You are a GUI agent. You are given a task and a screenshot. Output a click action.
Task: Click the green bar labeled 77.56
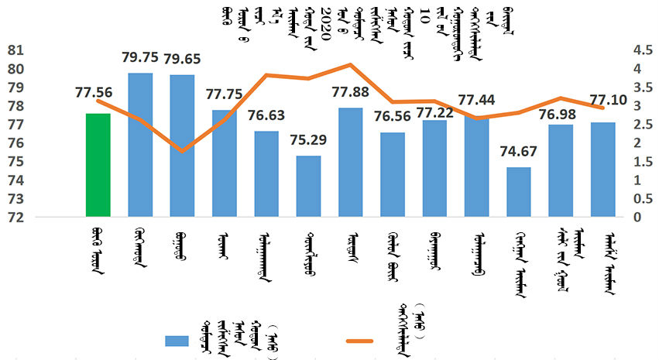tap(98, 165)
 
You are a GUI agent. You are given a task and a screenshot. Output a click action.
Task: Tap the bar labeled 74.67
tap(519, 192)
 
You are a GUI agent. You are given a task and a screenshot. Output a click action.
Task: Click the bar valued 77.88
tap(351, 162)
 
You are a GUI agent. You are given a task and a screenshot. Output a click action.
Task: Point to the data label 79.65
tap(184, 59)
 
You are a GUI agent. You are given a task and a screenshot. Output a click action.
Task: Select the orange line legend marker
tap(355, 341)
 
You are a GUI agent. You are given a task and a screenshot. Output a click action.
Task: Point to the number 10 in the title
tap(425, 12)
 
